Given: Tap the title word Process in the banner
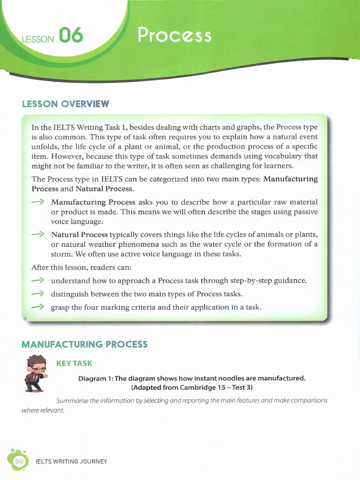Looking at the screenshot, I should click(x=174, y=35).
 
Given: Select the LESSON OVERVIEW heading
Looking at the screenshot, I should click(x=65, y=104).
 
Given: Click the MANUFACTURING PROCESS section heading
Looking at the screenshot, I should click(x=84, y=345).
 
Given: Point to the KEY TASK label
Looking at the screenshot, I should click(x=74, y=364).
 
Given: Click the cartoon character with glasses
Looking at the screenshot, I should click(x=36, y=373).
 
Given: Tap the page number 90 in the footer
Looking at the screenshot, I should click(x=19, y=462).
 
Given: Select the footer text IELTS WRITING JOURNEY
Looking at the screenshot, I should click(x=72, y=462).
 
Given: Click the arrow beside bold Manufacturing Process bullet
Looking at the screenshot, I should click(x=38, y=202).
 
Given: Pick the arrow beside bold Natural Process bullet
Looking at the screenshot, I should click(x=38, y=234).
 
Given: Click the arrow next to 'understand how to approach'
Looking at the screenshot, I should click(x=38, y=280).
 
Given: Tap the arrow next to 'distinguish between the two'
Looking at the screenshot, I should click(x=38, y=294).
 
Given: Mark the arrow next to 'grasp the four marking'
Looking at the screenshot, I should click(x=38, y=307).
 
